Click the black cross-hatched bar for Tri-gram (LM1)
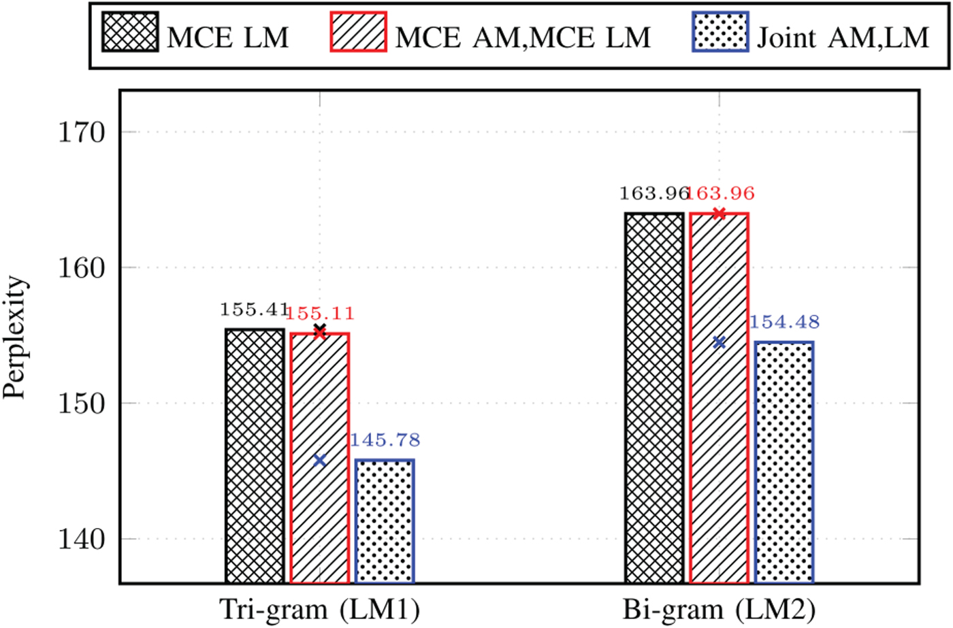255,456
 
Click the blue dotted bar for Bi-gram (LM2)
784,463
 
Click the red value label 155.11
319,314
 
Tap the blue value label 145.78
385,440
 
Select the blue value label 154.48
784,323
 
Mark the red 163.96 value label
720,193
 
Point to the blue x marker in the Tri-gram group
319,461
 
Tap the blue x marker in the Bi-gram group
719,342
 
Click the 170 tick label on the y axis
82,132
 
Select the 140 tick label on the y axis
82,539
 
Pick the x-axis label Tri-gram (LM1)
319,610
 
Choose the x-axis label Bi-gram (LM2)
719,610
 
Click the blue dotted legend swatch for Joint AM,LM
720,31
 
